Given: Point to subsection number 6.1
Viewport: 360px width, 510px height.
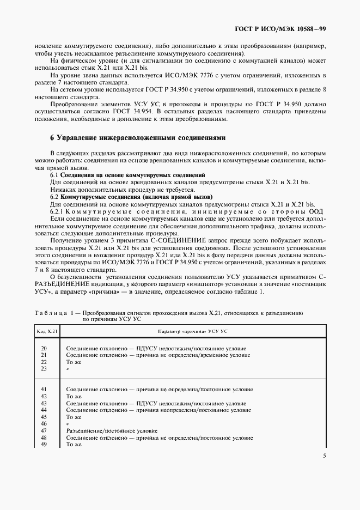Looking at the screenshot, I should point(54,174).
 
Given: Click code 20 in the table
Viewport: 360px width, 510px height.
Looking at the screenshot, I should point(44,348).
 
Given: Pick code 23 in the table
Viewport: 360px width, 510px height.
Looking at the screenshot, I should point(44,369).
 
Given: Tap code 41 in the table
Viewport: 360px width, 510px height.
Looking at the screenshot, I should point(44,389).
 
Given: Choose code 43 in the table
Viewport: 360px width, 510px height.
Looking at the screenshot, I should point(44,403).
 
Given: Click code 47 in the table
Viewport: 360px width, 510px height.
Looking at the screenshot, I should point(44,430).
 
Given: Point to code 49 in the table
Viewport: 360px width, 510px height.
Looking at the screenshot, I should point(44,444).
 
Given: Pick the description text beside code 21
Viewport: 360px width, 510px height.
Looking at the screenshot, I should point(157,355).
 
